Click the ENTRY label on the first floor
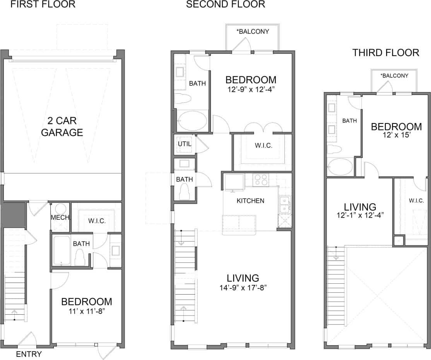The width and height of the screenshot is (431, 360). (x=29, y=354)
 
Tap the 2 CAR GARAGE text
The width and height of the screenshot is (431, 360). (x=62, y=127)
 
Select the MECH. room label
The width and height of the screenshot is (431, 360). (x=60, y=218)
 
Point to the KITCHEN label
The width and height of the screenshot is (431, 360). (x=250, y=201)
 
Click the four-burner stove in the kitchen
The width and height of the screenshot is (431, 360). (x=261, y=180)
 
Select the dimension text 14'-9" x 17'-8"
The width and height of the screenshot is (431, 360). (x=243, y=288)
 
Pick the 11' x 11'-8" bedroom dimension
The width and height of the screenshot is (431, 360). (x=87, y=310)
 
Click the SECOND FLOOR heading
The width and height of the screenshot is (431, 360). (x=226, y=5)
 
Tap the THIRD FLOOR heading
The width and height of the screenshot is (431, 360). (x=385, y=53)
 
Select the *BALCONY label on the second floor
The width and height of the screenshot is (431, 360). (x=253, y=31)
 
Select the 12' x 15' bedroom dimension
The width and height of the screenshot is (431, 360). (x=396, y=135)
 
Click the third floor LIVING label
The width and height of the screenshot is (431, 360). (x=360, y=207)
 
